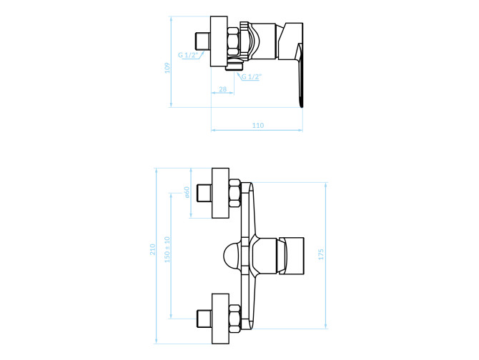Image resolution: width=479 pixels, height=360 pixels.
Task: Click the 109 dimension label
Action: [167, 68]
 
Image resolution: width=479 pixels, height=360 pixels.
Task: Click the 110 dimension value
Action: [258, 125]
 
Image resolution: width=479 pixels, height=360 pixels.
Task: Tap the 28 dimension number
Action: [223, 89]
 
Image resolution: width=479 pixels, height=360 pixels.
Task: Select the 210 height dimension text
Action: [152, 249]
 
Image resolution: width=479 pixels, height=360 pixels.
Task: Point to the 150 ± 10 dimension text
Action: [167, 249]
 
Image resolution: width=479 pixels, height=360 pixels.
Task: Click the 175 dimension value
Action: [321, 254]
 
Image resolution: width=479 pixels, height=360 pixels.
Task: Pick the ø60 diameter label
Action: [187, 192]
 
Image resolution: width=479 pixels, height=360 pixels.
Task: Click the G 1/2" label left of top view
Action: [188, 55]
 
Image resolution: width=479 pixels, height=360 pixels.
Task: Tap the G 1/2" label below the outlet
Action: [252, 76]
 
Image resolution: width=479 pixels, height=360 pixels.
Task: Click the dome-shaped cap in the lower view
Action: [232, 256]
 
